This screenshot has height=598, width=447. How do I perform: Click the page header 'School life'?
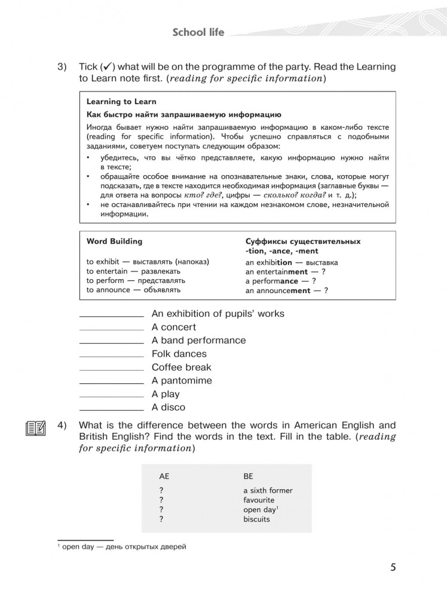tap(198, 32)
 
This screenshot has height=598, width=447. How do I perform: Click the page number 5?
tap(393, 568)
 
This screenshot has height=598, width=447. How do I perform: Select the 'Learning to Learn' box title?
tap(121, 102)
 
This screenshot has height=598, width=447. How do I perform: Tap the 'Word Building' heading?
tap(115, 242)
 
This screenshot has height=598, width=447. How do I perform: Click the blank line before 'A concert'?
tap(111, 329)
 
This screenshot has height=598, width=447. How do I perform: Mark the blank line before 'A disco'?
tap(111, 409)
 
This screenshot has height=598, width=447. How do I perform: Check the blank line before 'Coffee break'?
tap(111, 369)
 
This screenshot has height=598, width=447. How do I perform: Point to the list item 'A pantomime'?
tap(182, 380)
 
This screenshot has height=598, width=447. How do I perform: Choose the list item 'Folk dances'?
tap(177, 354)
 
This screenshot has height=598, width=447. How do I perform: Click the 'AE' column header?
tap(164, 476)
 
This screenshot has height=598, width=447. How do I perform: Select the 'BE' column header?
tap(249, 476)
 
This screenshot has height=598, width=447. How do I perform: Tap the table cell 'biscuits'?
tap(256, 519)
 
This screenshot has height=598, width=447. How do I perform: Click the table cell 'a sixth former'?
tap(268, 490)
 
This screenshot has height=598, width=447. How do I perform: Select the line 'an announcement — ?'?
tap(286, 291)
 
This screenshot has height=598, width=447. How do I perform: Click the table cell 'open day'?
tap(259, 509)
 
